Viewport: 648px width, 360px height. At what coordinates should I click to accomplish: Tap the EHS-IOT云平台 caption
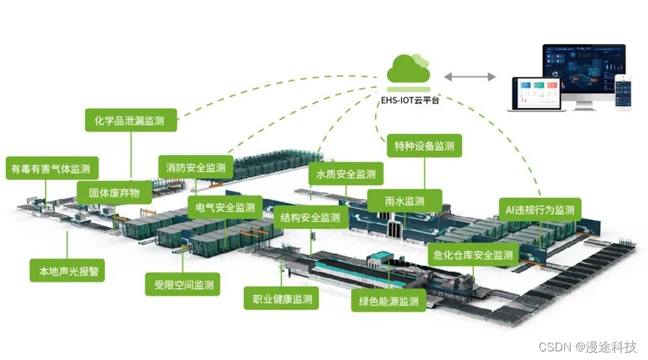pyautogui.click(x=410, y=100)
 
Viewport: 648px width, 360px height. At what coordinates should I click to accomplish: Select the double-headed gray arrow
pyautogui.click(x=469, y=76)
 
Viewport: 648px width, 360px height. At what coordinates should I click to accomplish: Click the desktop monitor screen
pyautogui.click(x=583, y=68)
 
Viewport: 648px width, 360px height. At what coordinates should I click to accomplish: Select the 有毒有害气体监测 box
pyautogui.click(x=50, y=169)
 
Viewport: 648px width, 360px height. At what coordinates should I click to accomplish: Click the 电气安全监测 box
pyautogui.click(x=225, y=208)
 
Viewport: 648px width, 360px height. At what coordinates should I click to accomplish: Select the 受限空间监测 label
pyautogui.click(x=184, y=284)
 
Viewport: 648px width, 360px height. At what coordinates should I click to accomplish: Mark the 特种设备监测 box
pyautogui.click(x=424, y=146)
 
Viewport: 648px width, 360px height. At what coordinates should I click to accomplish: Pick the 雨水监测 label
pyautogui.click(x=404, y=201)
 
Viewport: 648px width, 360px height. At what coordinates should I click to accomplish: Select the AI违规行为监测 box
pyautogui.click(x=540, y=210)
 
